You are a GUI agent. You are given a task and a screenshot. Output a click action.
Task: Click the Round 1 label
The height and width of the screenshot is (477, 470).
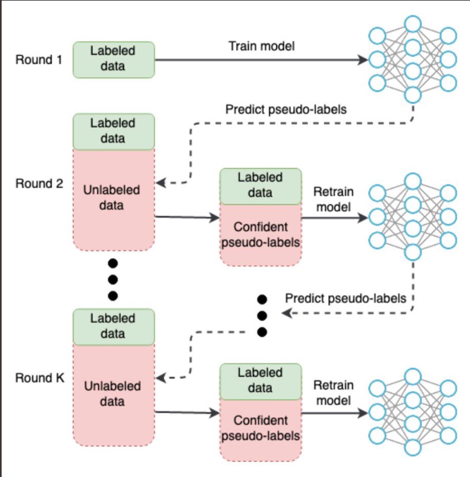click(39, 60)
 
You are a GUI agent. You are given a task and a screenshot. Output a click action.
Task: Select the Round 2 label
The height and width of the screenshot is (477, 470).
click(39, 183)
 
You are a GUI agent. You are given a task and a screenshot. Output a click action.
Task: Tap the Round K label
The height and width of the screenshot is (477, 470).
click(40, 378)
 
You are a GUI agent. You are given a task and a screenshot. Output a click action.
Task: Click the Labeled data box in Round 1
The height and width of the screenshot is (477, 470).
click(113, 60)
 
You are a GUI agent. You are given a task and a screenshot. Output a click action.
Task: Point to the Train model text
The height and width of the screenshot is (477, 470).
click(262, 46)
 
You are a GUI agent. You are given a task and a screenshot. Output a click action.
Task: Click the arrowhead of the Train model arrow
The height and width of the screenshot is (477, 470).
click(363, 60)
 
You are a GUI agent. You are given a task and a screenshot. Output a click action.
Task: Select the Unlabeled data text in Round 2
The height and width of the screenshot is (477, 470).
click(111, 198)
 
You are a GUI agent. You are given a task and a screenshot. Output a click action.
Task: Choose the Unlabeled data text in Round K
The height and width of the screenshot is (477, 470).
click(112, 394)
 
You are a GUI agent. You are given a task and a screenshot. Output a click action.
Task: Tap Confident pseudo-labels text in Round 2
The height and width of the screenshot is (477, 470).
click(261, 235)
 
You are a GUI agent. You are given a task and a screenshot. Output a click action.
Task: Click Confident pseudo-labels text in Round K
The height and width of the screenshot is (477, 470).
click(261, 428)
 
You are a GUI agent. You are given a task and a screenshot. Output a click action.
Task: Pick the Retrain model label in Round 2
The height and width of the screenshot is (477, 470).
click(333, 199)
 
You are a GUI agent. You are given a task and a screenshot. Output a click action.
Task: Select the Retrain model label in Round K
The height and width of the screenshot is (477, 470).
click(333, 393)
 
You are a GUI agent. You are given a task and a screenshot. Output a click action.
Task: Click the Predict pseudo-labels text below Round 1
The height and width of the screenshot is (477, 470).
click(286, 109)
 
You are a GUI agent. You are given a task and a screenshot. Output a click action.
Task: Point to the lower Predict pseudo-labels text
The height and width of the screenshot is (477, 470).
click(345, 298)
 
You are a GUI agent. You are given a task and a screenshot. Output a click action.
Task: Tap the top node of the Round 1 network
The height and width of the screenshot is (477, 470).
click(413, 24)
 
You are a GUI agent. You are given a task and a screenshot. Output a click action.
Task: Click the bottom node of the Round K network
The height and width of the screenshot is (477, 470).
click(413, 447)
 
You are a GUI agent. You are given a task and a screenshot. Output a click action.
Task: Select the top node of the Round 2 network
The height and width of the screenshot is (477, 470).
click(413, 181)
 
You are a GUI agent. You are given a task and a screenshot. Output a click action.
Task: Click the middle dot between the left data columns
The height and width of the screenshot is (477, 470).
click(113, 279)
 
